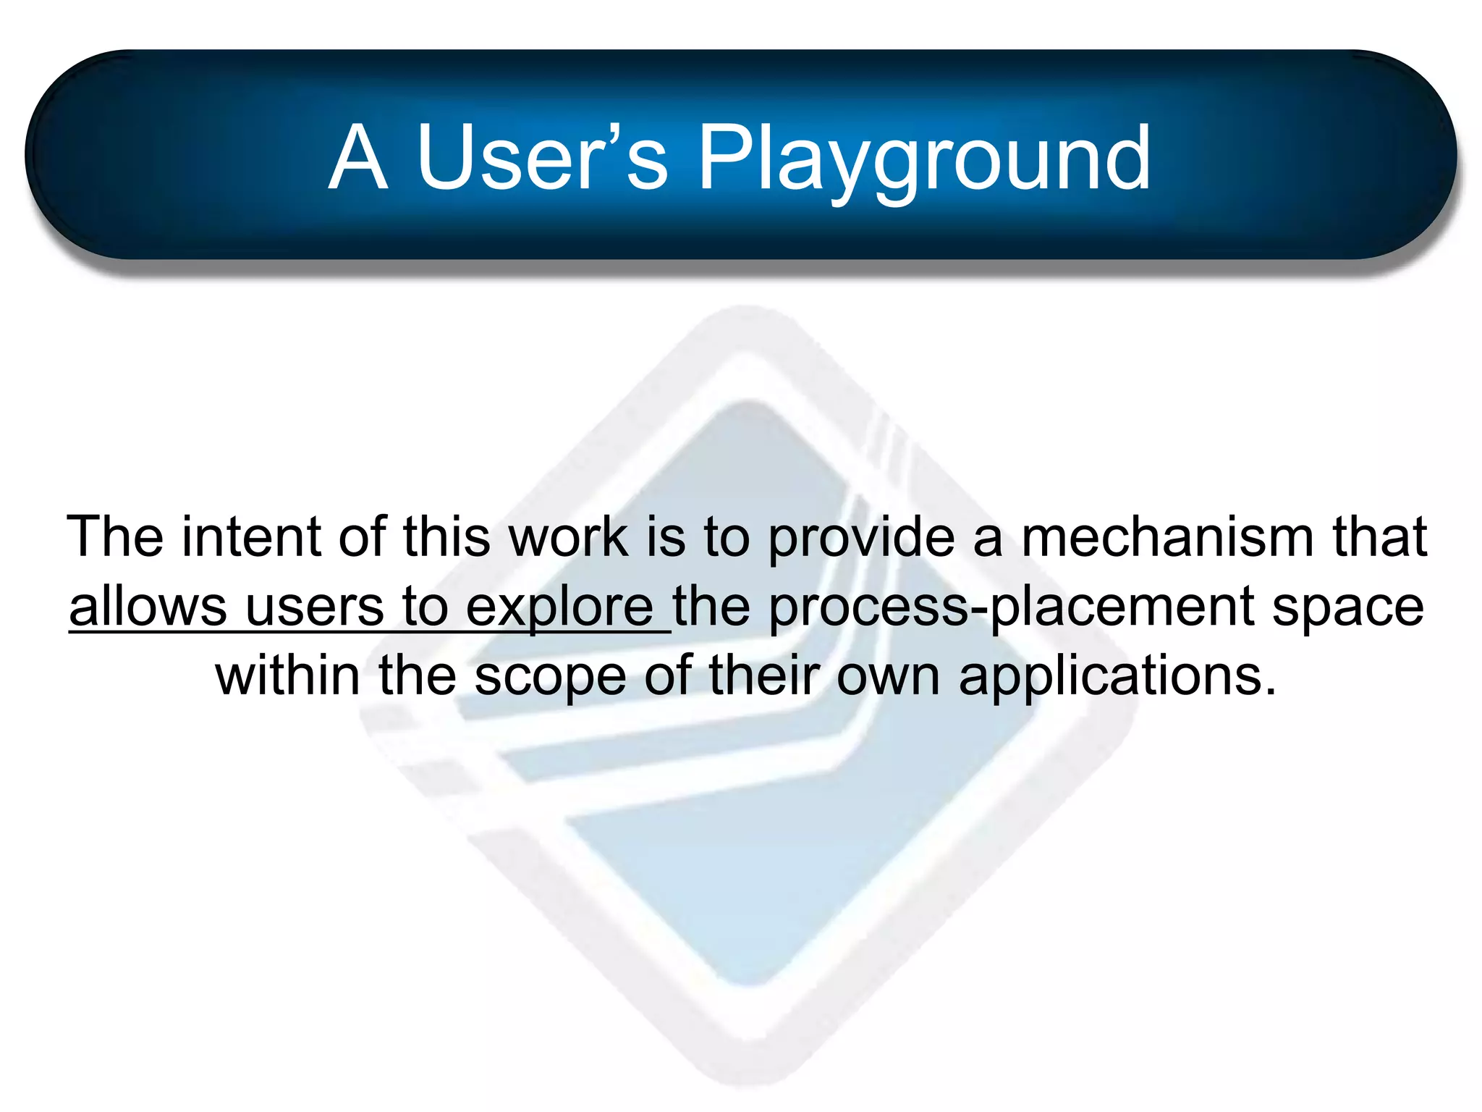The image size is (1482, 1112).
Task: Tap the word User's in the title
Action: click(x=542, y=157)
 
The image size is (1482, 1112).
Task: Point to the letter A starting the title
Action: click(x=357, y=159)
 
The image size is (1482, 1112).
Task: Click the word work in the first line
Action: click(x=569, y=537)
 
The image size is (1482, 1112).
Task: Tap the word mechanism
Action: click(x=1166, y=537)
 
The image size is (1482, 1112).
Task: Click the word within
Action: click(x=287, y=675)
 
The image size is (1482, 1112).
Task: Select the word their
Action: click(x=763, y=675)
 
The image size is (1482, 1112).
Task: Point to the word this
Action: click(x=446, y=537)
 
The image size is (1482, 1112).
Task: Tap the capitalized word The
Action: click(x=115, y=537)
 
